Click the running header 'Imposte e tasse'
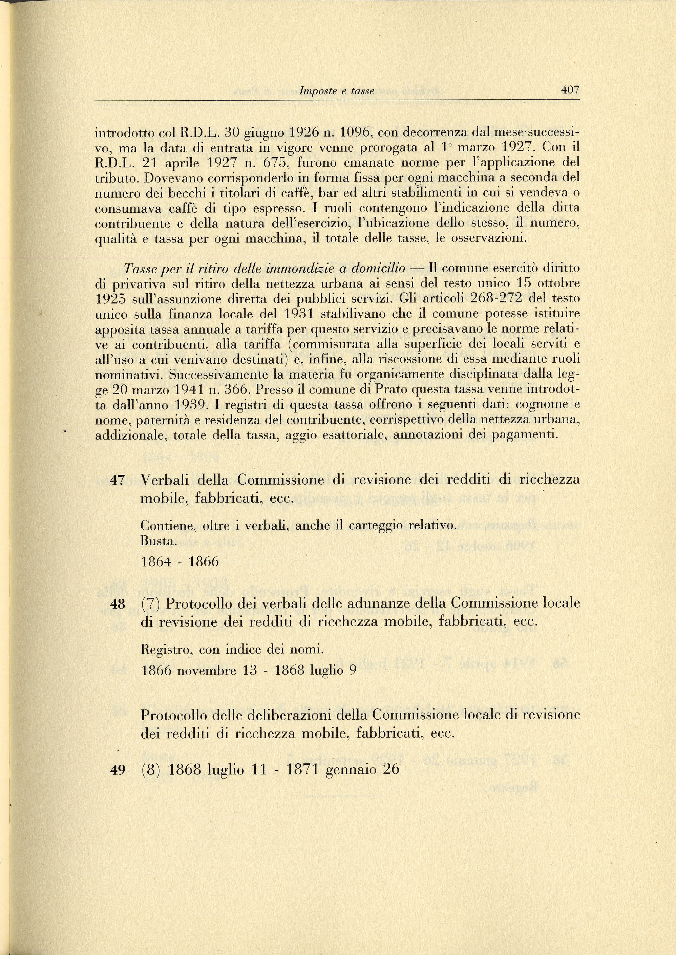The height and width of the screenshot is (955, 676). click(x=337, y=91)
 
